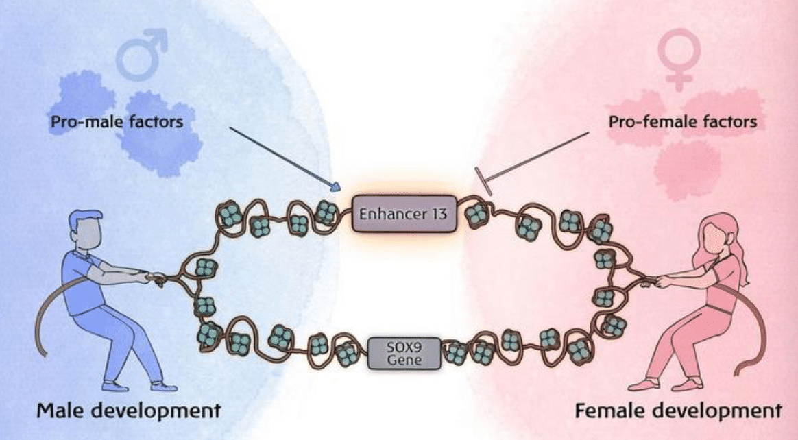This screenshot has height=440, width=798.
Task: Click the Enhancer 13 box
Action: pyautogui.click(x=404, y=214)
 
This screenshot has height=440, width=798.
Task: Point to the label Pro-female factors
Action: pyautogui.click(x=683, y=123)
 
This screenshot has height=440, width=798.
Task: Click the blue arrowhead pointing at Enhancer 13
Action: pyautogui.click(x=335, y=185)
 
